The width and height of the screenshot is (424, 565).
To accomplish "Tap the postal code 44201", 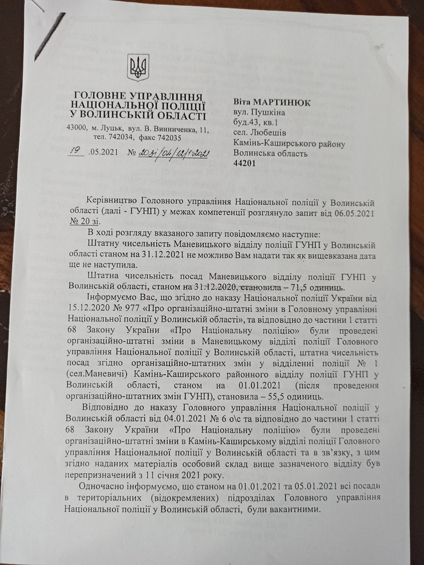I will (x=244, y=165).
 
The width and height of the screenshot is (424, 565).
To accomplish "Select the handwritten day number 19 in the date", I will (x=75, y=151).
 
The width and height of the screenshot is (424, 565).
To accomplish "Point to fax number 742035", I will (x=168, y=138).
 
